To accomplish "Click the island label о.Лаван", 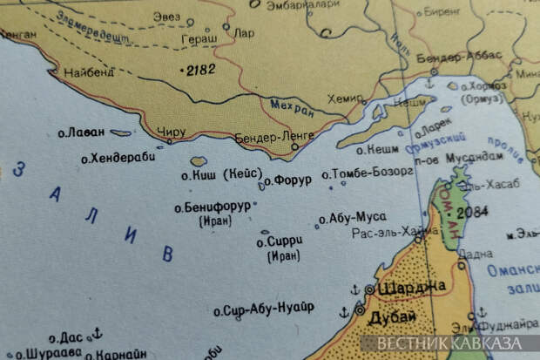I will pyautogui.click(x=81, y=132).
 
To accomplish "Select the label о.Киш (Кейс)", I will pyautogui.click(x=219, y=173).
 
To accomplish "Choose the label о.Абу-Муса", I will pyautogui.click(x=352, y=218).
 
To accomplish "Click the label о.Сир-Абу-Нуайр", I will pyautogui.click(x=263, y=309).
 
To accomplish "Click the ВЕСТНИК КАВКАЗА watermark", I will pyautogui.click(x=456, y=343).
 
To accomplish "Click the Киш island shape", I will pyautogui.click(x=199, y=161).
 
